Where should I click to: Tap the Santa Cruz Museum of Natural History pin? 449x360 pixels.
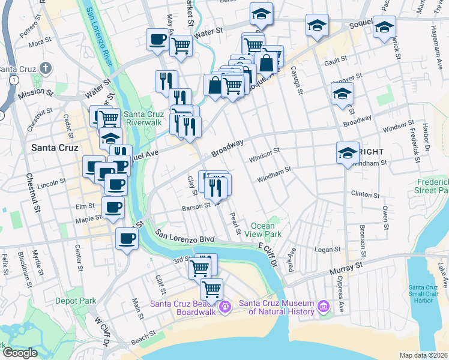coord(324,307)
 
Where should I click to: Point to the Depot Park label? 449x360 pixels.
coord(76,300)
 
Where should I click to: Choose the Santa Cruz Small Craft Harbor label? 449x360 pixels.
coord(427,294)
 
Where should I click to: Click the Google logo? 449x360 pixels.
coord(19,353)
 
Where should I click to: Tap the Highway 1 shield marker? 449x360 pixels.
coord(13,79)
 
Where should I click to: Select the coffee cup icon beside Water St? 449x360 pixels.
coord(158,40)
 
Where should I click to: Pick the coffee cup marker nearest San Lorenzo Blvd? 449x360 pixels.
coord(126,239)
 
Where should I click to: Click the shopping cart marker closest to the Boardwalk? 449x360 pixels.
coord(211,290)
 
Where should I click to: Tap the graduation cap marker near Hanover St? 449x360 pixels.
coord(342,94)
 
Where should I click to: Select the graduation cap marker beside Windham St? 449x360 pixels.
coord(348,153)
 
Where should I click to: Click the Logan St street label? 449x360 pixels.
coord(328,249)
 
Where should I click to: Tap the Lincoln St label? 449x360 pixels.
coord(52,182)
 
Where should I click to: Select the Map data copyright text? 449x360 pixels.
coord(423,355)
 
